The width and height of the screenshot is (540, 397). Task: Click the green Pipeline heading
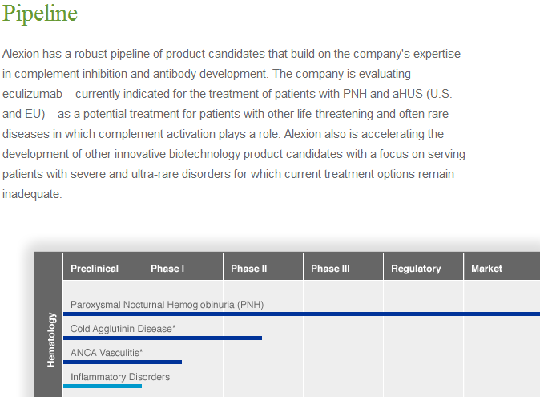pyautogui.click(x=40, y=14)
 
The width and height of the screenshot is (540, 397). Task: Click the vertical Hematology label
pyautogui.click(x=51, y=339)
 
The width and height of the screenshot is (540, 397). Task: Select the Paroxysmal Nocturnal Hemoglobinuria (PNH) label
pyautogui.click(x=167, y=305)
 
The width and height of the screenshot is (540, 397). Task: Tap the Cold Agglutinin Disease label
pyautogui.click(x=123, y=329)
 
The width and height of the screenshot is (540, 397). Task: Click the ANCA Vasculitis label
pyautogui.click(x=107, y=353)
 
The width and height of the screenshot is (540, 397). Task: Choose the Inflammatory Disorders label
pyautogui.click(x=120, y=377)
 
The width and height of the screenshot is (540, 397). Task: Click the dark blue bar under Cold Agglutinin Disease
pyautogui.click(x=163, y=338)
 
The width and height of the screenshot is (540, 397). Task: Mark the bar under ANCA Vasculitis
pyautogui.click(x=123, y=363)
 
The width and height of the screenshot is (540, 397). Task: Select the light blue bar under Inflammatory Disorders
pyautogui.click(x=103, y=387)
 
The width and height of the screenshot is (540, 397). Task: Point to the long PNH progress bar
pyautogui.click(x=302, y=314)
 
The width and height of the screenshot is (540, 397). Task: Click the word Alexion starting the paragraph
pyautogui.click(x=21, y=54)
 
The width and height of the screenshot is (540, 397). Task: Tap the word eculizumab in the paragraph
pyautogui.click(x=32, y=94)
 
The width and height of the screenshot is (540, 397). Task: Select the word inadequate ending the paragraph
pyautogui.click(x=32, y=194)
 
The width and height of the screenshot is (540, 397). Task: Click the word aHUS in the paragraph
pyautogui.click(x=408, y=94)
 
